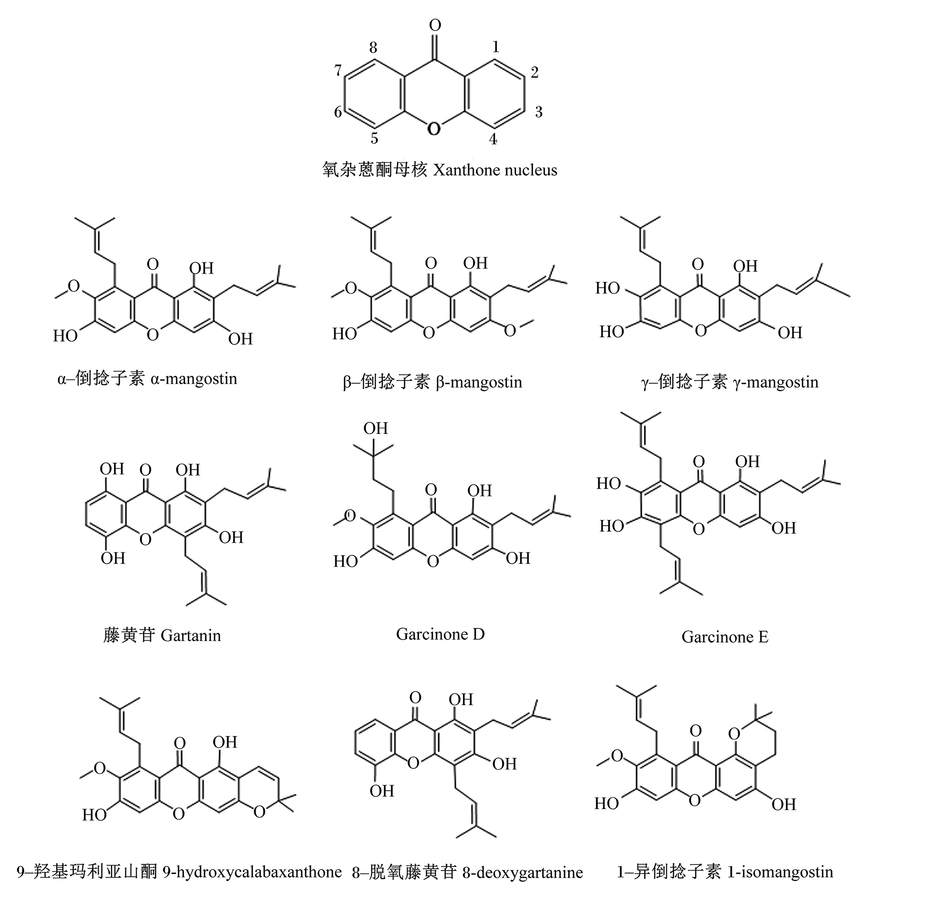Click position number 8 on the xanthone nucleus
pos(373,47)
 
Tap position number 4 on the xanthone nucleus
pos(493,139)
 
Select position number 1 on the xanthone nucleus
pos(496,46)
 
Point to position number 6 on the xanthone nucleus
pos(338,112)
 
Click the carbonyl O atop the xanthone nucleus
pos(435,24)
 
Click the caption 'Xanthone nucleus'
pos(495,170)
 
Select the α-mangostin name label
pos(194,379)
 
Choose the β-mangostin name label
pos(479,382)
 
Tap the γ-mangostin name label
pos(776,382)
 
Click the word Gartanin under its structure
pos(191,635)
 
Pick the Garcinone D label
pos(440,634)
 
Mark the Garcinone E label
pos(725,637)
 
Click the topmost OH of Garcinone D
pos(376,428)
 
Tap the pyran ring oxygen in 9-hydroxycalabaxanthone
pos(259,810)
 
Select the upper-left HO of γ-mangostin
pos(608,288)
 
